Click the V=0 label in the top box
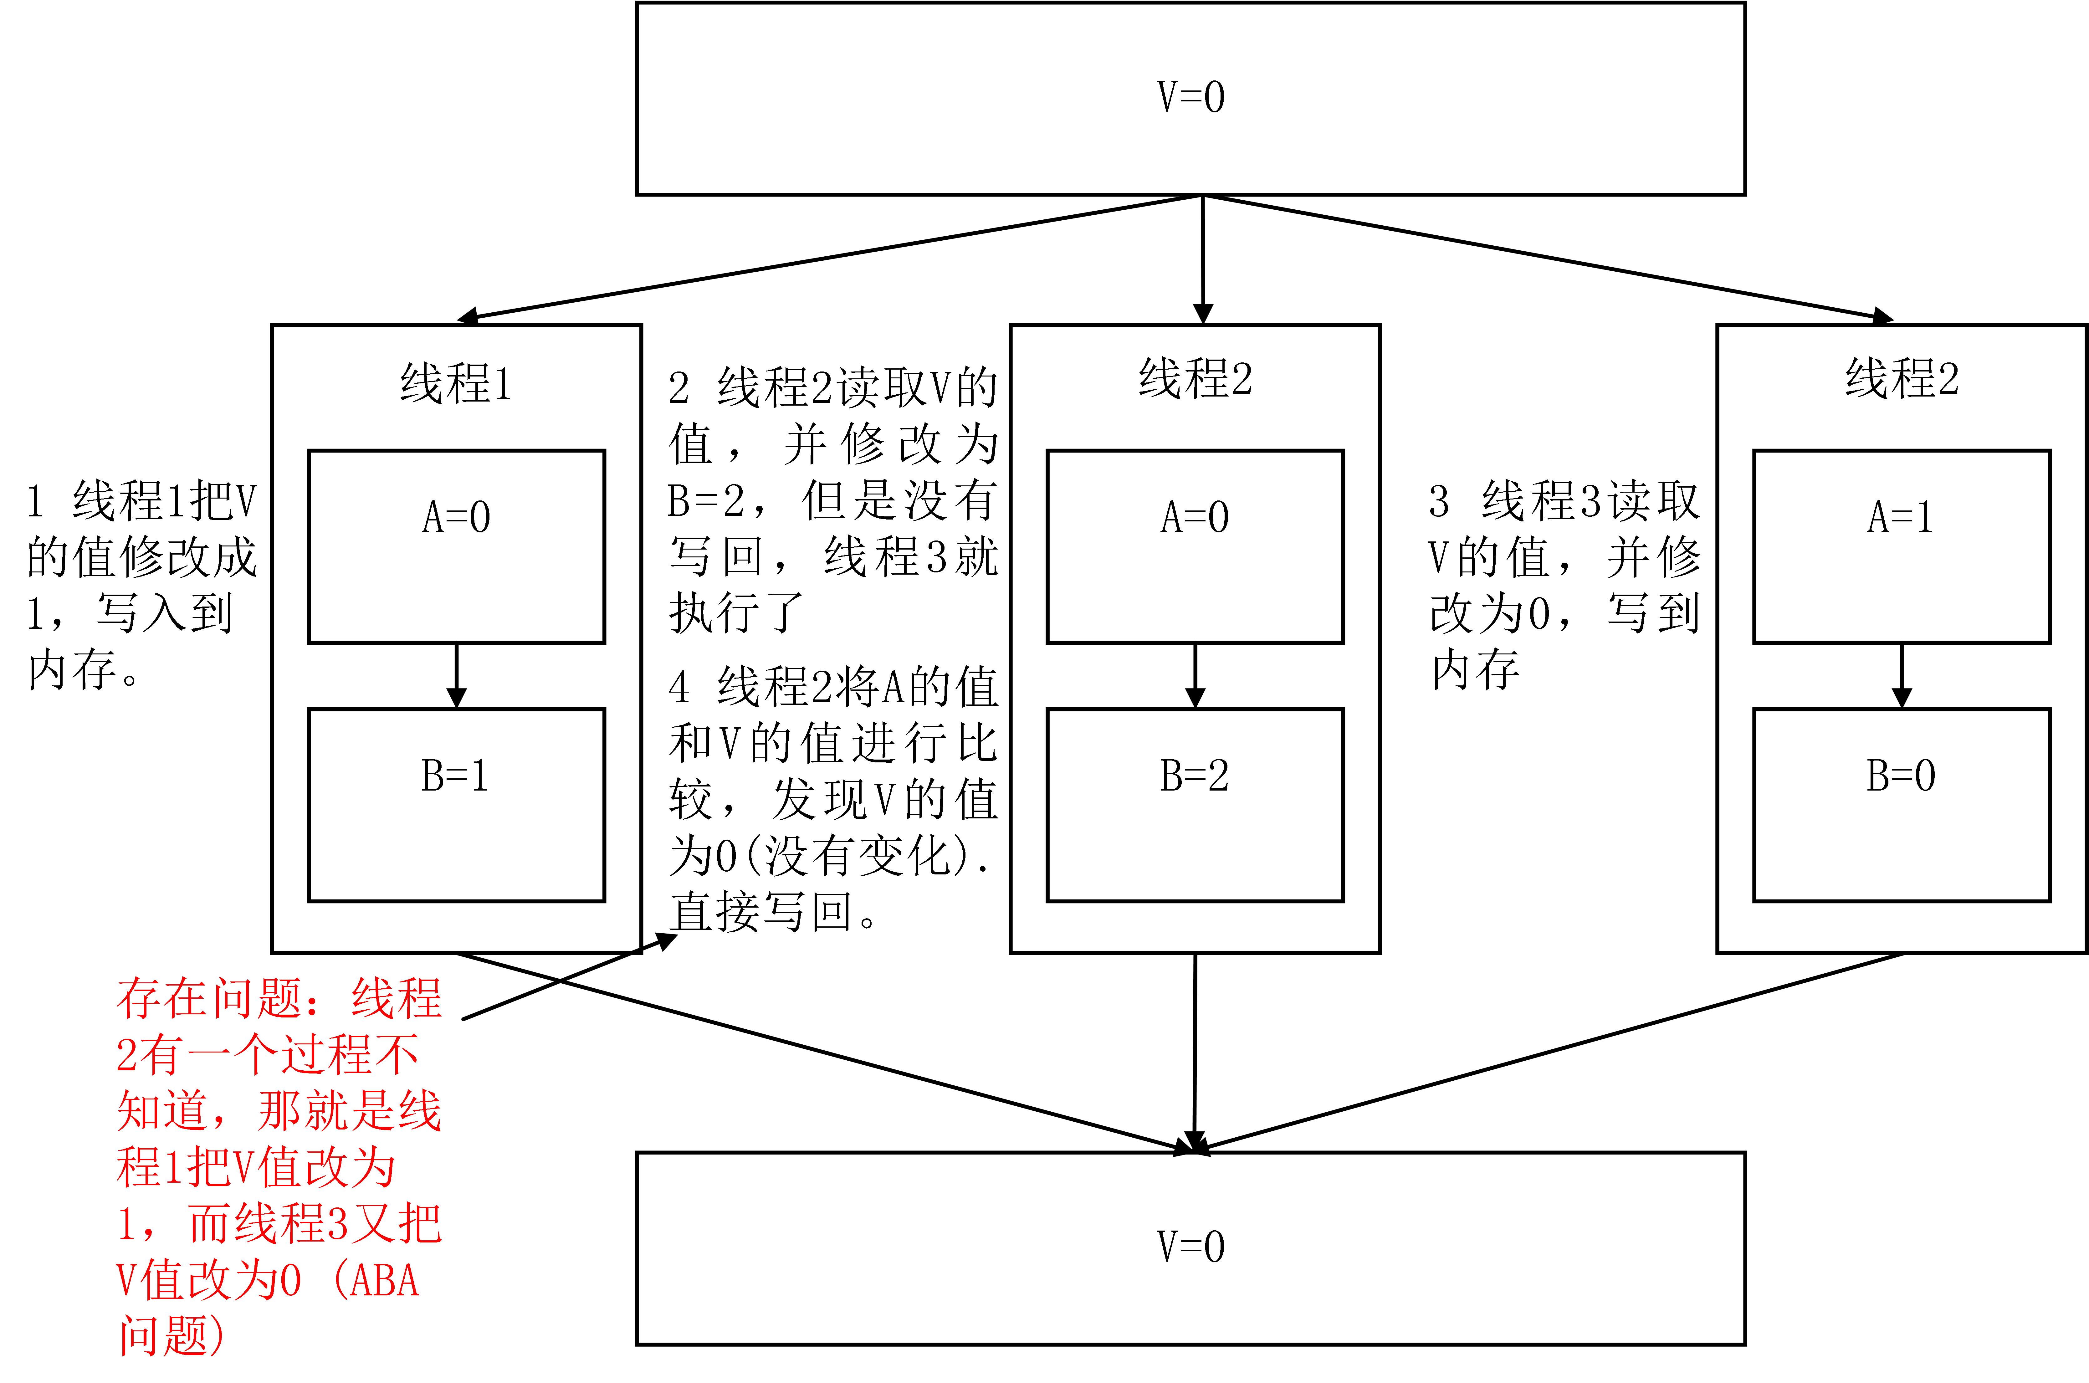coord(1190,97)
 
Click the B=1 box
coord(456,804)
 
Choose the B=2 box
coord(1195,804)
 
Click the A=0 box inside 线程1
coord(456,547)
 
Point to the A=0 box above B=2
coord(1195,547)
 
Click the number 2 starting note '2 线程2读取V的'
coord(678,388)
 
